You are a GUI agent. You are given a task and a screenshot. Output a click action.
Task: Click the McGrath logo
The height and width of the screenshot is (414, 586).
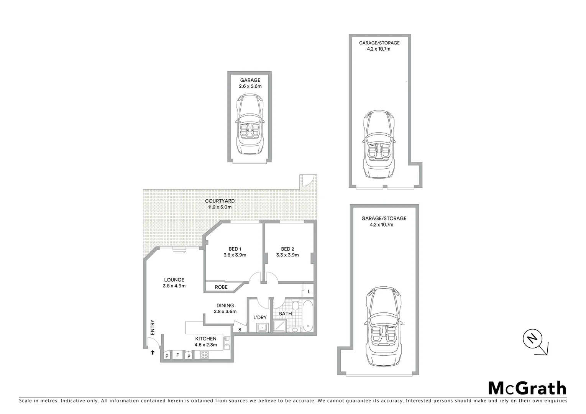point(527,388)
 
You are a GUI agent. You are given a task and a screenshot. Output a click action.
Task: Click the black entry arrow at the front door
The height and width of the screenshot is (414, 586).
point(153,352)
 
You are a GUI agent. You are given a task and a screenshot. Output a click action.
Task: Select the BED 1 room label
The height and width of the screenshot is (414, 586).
point(235,249)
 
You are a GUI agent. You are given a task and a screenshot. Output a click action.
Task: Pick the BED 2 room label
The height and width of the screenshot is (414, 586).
point(287,249)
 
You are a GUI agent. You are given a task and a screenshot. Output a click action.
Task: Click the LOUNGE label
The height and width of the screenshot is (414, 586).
point(174,280)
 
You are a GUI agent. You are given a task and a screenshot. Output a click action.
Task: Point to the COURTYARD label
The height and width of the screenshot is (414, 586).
point(220,201)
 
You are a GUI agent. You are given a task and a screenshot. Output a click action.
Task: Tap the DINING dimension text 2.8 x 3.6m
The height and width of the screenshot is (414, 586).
point(225,312)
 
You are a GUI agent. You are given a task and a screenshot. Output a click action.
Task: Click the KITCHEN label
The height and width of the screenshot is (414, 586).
point(206,338)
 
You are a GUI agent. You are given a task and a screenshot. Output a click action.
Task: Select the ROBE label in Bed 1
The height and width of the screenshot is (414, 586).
point(221,287)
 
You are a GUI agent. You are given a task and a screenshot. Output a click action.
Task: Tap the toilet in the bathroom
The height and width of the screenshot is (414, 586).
point(295,306)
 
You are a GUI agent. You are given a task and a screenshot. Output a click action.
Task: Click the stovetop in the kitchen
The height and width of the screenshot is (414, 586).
point(204,355)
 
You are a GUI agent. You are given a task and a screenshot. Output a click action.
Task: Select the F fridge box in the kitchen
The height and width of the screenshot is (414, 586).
point(177,355)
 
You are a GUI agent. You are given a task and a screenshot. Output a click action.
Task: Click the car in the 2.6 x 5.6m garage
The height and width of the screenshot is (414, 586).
point(250,125)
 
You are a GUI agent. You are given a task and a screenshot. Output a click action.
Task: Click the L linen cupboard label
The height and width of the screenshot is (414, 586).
point(309,292)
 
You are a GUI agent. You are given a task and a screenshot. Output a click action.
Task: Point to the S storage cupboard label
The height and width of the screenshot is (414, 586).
point(240,329)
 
